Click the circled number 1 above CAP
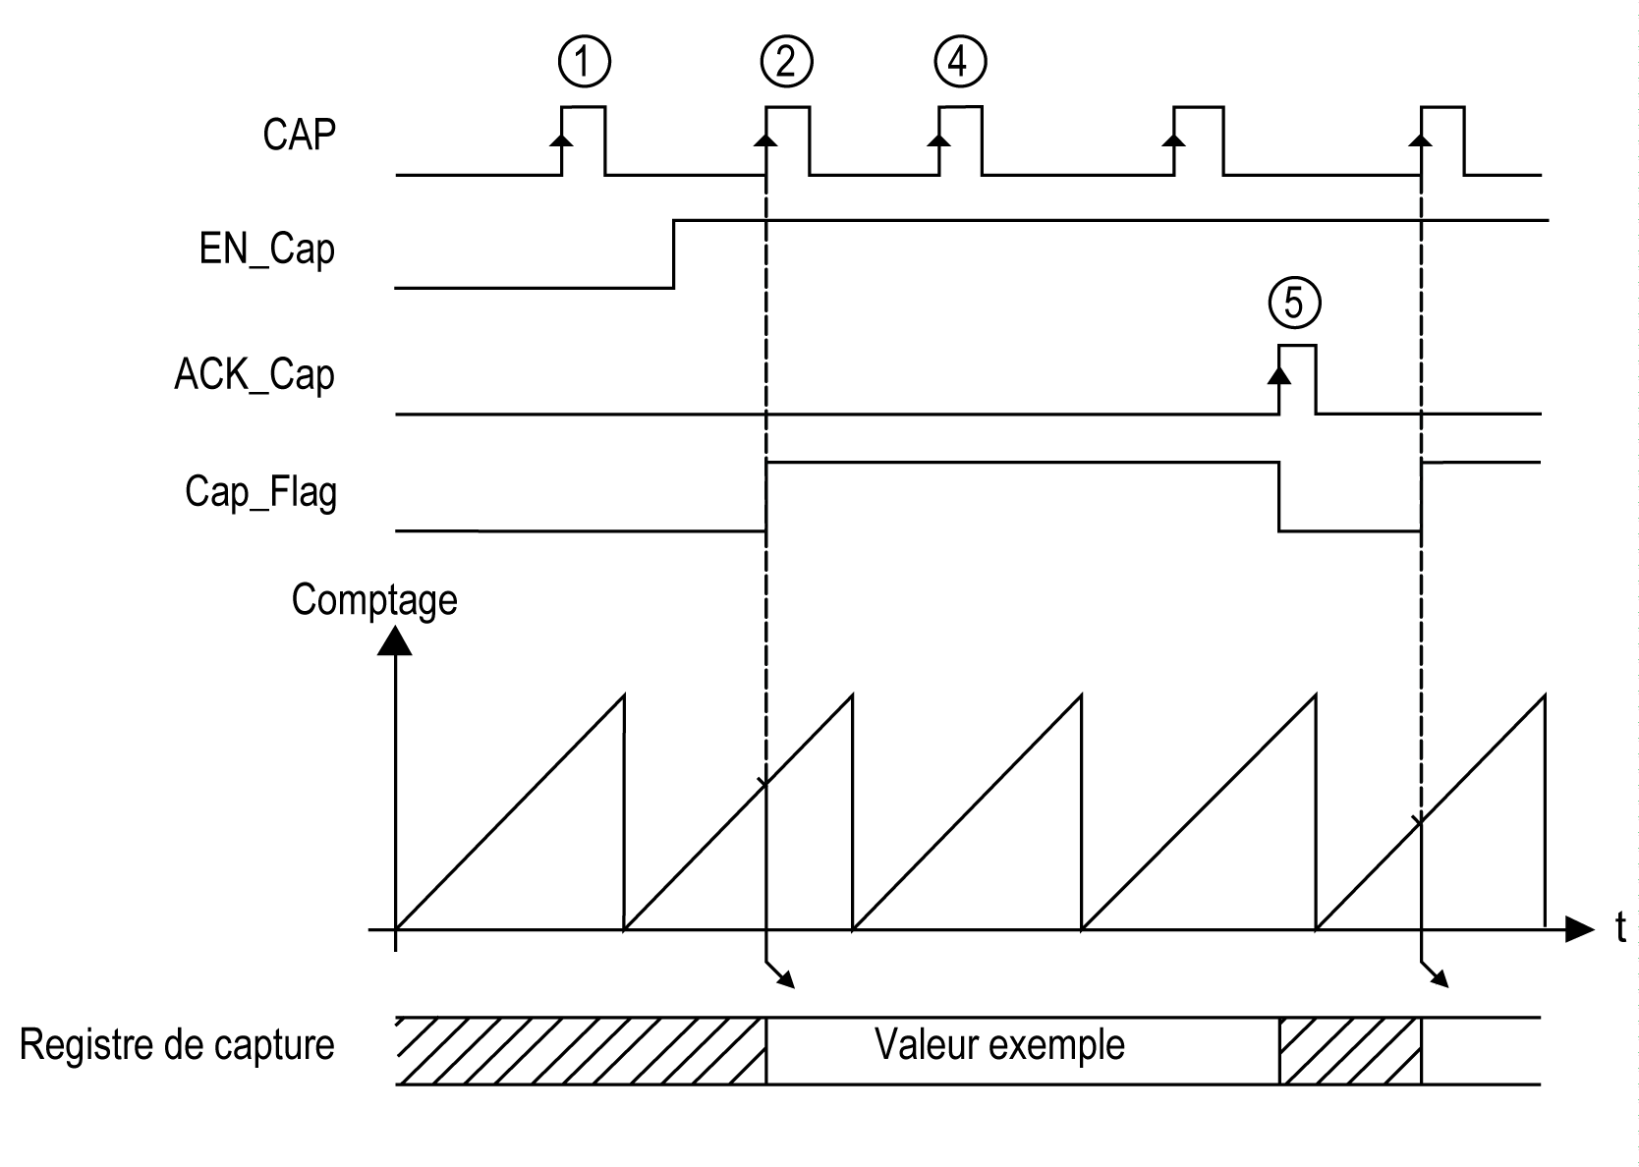[x=584, y=62]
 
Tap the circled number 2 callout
[x=786, y=62]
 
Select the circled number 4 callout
[x=960, y=62]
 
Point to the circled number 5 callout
[x=1294, y=303]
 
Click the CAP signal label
[x=299, y=135]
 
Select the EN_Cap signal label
[x=266, y=250]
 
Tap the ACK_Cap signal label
[x=254, y=375]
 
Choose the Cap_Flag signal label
[x=260, y=491]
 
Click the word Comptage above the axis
[x=374, y=599]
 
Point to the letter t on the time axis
[x=1620, y=927]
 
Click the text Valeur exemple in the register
[x=999, y=1044]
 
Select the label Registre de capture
[x=177, y=1045]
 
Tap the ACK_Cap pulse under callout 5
[x=1297, y=378]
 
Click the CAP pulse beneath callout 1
[x=584, y=138]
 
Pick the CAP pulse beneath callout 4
[x=960, y=138]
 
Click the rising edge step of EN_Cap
[x=674, y=253]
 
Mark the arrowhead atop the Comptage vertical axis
[x=394, y=640]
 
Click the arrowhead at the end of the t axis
[x=1578, y=927]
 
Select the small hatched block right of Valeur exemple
[x=1350, y=1051]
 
